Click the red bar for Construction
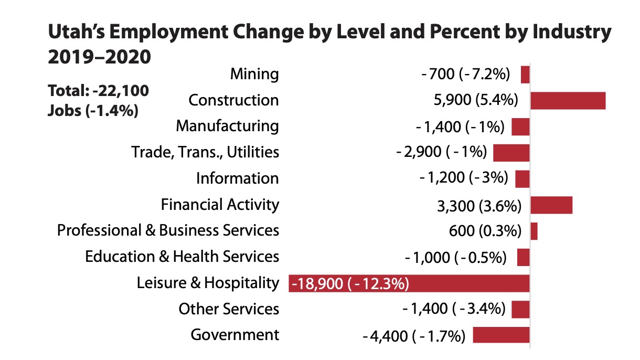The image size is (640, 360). (568, 100)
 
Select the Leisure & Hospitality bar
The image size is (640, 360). (409, 283)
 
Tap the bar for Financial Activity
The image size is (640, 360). (551, 205)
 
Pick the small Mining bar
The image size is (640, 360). (525, 74)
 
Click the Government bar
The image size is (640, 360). (501, 335)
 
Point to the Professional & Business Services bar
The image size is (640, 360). (534, 231)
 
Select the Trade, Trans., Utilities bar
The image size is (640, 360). (511, 153)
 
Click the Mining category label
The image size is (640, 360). (254, 74)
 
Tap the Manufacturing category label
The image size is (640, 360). (227, 126)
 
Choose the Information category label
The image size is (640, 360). (237, 178)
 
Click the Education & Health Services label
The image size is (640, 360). (182, 257)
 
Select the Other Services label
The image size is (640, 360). (229, 309)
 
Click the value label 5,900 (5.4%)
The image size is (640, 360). (473, 100)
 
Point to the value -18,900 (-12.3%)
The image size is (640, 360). (350, 284)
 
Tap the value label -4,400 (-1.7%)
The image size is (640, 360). (414, 335)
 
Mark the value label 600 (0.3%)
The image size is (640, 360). (483, 231)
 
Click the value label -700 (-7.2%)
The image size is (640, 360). (466, 75)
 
